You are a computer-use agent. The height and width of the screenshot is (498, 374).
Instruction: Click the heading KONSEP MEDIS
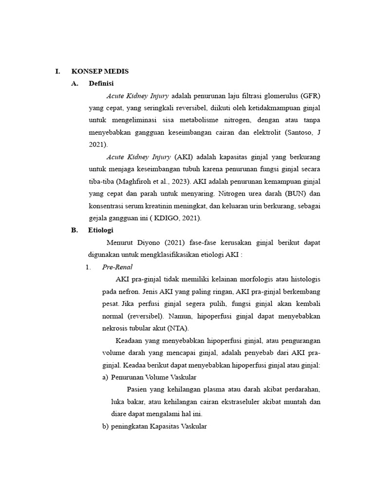[100, 71]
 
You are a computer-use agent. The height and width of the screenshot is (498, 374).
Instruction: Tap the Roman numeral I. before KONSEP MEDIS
[57, 71]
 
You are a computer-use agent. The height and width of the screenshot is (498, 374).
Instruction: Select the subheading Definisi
[101, 84]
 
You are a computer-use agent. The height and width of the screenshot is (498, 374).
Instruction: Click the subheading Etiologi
[101, 231]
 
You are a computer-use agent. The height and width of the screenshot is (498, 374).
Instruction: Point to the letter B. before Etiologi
[74, 231]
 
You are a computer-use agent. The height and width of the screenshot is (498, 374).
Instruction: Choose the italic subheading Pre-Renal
[117, 267]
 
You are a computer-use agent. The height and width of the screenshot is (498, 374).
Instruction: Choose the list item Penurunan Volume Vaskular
[154, 377]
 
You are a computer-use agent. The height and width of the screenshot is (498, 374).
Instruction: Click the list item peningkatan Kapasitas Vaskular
[159, 427]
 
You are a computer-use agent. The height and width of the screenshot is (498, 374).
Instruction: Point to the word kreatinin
[164, 206]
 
